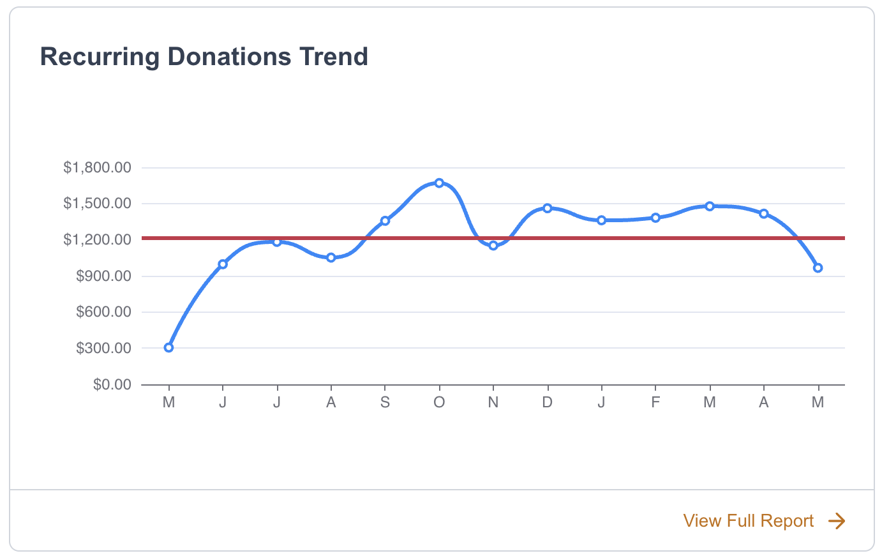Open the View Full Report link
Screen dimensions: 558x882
(748, 521)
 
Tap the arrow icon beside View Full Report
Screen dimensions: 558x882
(837, 521)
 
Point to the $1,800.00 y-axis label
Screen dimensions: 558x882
(97, 168)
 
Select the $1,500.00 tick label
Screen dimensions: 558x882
(97, 204)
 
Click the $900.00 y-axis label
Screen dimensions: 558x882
(103, 276)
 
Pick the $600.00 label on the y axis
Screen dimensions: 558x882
(103, 312)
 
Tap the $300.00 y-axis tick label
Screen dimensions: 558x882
(103, 349)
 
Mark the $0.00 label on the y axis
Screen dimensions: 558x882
(112, 384)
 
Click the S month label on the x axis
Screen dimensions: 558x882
(385, 402)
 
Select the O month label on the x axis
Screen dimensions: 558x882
(439, 402)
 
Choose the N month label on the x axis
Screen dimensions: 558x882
(493, 402)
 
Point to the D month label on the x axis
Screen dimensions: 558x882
(547, 402)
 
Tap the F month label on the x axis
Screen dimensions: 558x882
(655, 402)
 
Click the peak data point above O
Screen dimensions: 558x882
(439, 183)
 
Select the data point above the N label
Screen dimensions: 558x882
(493, 246)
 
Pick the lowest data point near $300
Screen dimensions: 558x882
(168, 348)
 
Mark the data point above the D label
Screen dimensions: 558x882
(547, 208)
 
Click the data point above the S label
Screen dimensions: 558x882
(385, 221)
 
